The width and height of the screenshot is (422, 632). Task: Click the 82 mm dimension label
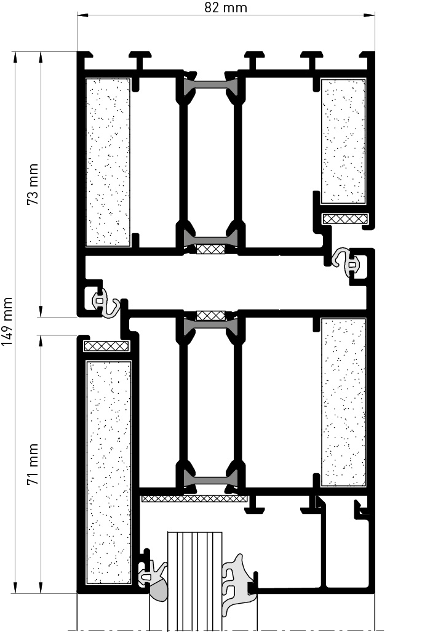coord(226,7)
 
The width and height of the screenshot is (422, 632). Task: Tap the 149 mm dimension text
coord(7,322)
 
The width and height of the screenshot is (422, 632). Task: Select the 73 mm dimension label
coord(33,184)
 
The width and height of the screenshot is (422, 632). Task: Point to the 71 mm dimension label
coord(33,464)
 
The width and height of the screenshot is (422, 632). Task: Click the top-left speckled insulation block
coord(108,162)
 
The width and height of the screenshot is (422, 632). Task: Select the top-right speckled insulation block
coord(343,141)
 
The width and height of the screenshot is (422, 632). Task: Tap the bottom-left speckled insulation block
coord(109,473)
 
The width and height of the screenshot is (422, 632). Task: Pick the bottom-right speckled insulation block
coord(343,402)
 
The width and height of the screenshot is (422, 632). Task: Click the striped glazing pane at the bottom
coord(194,580)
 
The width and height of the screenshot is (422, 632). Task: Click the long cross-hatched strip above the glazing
coord(194,498)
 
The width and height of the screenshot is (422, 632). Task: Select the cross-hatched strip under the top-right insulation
coord(346,218)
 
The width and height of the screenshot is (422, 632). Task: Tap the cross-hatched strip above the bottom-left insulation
coord(106,346)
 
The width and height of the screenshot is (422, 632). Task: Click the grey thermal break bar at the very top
coord(211,85)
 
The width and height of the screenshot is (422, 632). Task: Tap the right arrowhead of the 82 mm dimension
coord(369,16)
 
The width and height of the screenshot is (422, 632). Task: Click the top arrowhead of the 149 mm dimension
coord(15,57)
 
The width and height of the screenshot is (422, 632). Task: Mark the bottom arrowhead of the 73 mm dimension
coord(41,311)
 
